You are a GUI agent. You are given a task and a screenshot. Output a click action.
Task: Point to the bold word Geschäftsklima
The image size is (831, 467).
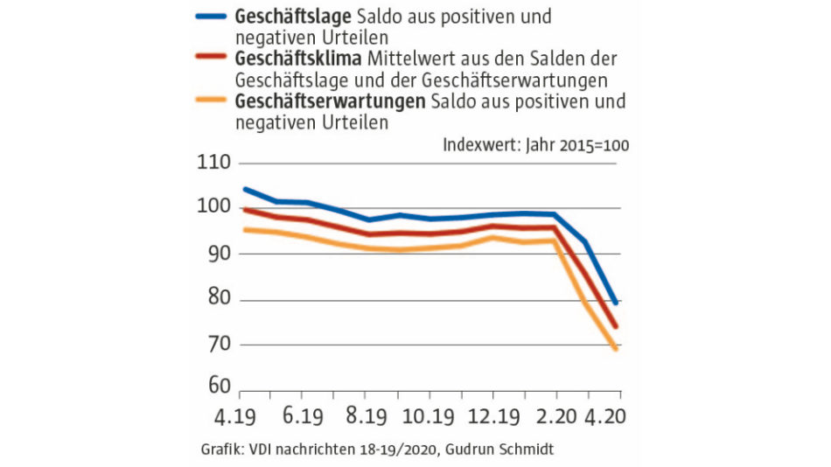296,59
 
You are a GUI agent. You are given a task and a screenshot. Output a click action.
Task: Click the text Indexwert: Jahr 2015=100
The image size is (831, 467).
535,144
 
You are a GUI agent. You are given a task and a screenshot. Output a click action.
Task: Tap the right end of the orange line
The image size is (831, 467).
617,348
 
